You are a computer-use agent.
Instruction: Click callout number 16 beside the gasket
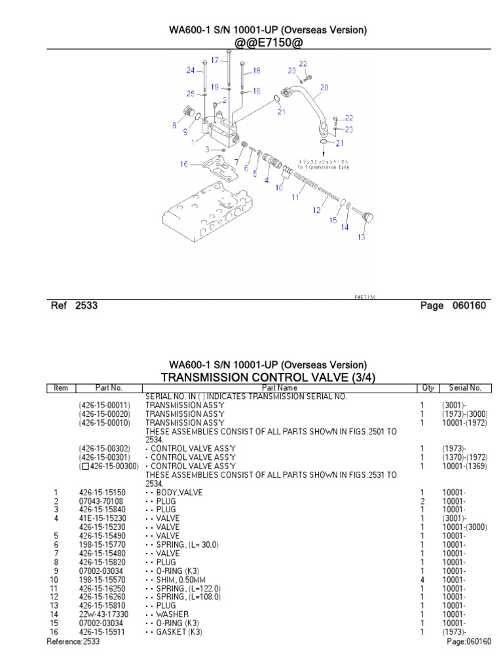tap(183, 164)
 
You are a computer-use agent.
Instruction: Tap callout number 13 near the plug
tap(361, 238)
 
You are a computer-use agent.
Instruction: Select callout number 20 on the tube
tap(324, 87)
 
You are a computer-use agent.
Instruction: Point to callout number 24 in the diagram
tap(190, 70)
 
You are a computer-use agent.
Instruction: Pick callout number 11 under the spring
tap(295, 196)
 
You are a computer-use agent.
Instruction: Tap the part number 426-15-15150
tap(101, 493)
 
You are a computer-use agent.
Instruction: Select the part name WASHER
tap(172, 614)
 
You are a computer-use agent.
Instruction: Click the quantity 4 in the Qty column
tap(422, 580)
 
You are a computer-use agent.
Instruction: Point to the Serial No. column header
tap(465, 388)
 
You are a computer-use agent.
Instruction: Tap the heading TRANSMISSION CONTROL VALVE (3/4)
tap(268, 377)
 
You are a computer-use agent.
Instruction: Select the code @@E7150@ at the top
tap(268, 42)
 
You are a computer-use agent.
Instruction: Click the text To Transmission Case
tap(323, 167)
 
